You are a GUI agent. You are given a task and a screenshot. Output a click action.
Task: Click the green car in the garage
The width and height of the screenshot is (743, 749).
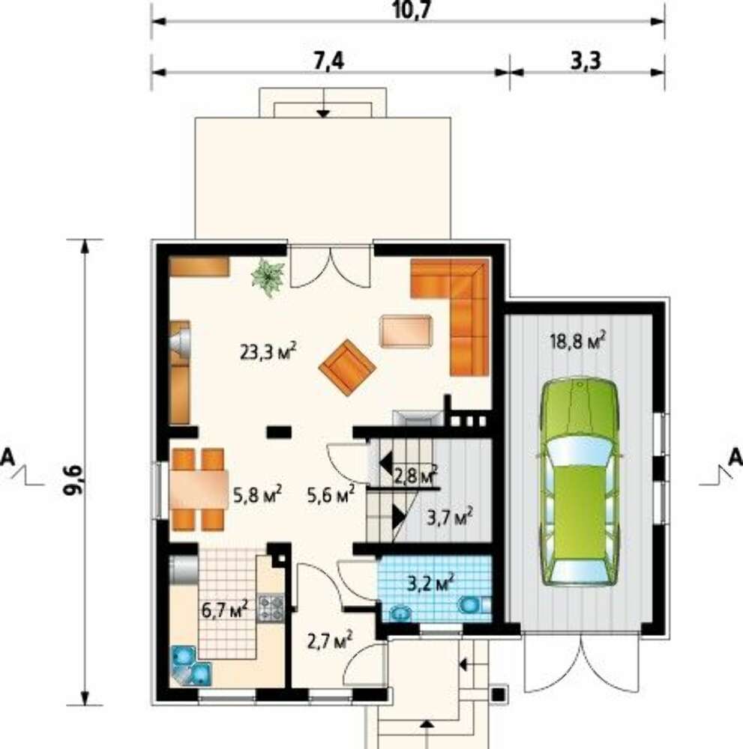coord(580,482)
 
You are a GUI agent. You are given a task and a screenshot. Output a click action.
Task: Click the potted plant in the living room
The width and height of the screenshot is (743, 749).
coord(268,278)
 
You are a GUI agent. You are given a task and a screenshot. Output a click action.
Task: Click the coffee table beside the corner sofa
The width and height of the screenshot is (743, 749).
coord(406,330)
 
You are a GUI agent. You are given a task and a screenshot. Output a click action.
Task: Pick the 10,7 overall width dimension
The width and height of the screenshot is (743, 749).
coord(409,10)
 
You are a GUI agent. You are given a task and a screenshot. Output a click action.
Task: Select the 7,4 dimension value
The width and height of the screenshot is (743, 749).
coord(329,61)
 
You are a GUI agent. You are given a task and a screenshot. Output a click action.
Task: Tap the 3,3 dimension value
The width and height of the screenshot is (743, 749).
coord(586,61)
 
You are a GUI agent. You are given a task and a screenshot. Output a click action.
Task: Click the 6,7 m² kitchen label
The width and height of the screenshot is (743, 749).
coord(225,609)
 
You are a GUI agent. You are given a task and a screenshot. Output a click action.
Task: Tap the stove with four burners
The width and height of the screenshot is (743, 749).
coord(271,608)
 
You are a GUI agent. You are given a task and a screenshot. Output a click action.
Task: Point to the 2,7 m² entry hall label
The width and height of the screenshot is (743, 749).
coord(330,640)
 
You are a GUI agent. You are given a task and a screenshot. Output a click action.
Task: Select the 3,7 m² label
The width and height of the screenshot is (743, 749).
coord(450,516)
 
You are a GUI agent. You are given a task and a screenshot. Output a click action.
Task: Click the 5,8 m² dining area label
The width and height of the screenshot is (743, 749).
coord(257,495)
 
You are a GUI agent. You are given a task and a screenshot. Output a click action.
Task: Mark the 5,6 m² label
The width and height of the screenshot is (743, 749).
coord(331,494)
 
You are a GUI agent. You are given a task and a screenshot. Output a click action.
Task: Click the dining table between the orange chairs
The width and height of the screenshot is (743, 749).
coord(199,489)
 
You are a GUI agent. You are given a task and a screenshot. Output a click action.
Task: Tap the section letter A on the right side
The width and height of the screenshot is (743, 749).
coord(735,458)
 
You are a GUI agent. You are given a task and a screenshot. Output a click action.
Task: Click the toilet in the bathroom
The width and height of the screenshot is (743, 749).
coord(474,605)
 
